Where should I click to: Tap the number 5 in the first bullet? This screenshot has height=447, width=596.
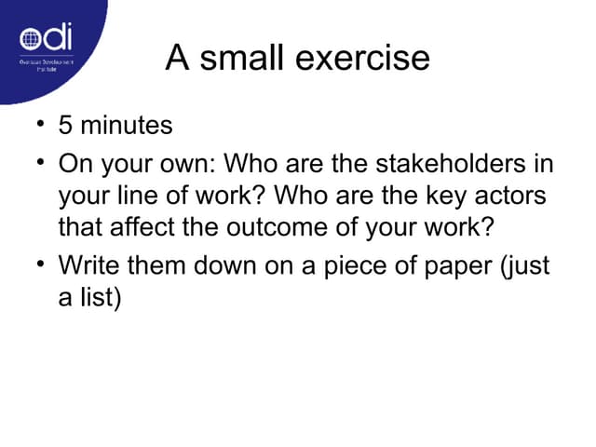point(66,124)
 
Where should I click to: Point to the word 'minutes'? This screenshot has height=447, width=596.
point(127,124)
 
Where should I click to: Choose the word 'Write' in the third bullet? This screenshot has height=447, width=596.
point(89,265)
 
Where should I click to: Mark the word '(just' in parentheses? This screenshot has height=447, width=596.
point(526,267)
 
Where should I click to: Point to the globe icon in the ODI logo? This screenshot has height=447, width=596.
point(32,41)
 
